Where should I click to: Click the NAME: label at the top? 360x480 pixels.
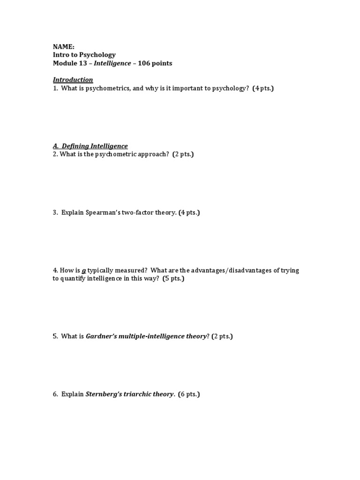(x=63, y=46)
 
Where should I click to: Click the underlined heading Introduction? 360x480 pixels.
(x=73, y=80)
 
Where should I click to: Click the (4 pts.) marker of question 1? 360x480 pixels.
(x=262, y=88)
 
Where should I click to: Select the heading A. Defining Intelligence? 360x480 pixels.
(x=90, y=146)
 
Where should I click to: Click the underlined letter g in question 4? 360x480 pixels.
(x=84, y=270)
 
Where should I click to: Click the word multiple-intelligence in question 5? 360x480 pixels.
(x=151, y=337)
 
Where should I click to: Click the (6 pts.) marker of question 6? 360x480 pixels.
(x=189, y=394)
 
